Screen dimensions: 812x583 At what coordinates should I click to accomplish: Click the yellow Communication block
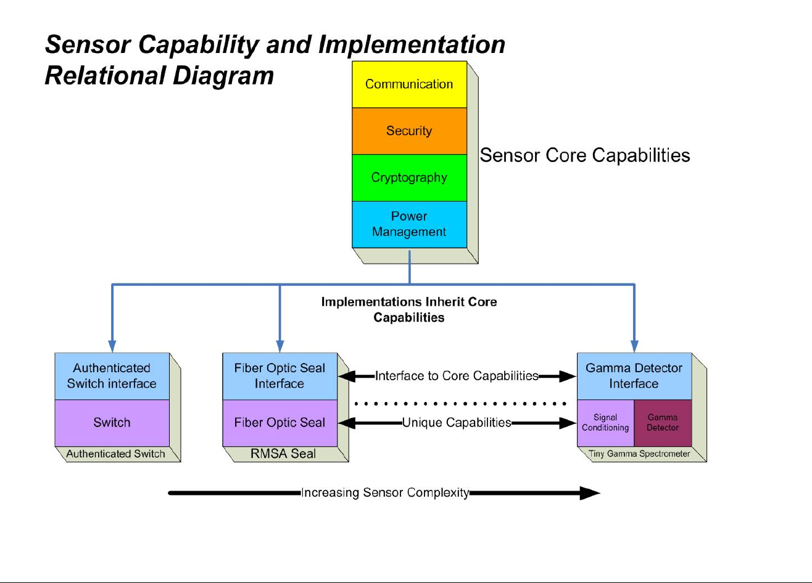409,84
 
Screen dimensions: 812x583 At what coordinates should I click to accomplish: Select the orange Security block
409,131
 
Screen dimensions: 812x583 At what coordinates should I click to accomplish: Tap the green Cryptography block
409,178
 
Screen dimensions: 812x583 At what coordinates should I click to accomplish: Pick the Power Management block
409,224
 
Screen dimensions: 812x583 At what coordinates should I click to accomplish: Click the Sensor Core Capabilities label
585,156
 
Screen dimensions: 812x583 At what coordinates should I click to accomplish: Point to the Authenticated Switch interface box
112,376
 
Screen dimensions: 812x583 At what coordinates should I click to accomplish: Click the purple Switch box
112,423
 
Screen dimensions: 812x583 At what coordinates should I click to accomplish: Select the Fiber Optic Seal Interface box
280,376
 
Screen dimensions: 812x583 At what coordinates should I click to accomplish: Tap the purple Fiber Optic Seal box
280,423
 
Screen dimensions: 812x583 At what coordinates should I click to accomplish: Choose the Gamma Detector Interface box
634,376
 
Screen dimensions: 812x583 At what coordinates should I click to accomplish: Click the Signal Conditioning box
605,423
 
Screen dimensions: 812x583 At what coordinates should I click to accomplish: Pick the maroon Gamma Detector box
663,423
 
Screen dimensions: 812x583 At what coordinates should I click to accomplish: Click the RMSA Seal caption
283,454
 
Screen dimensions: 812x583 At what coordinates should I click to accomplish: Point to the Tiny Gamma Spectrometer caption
639,454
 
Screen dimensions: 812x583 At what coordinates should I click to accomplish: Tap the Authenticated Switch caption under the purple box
115,454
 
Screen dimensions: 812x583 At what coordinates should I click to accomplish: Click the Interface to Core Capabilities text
457,376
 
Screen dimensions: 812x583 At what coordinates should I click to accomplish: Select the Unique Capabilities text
457,423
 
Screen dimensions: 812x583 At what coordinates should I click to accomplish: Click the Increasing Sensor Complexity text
386,493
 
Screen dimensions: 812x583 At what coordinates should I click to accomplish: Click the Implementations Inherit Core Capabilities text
409,309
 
